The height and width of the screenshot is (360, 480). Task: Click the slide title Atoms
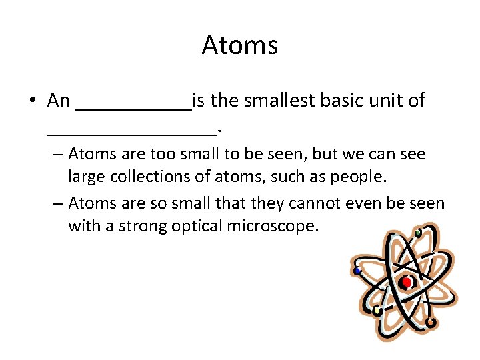click(x=239, y=45)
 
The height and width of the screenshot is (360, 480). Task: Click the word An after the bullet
click(x=59, y=101)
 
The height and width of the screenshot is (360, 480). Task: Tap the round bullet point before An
click(x=32, y=101)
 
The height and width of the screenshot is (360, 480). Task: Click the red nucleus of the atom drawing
click(x=407, y=282)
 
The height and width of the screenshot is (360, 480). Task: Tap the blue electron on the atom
click(x=358, y=271)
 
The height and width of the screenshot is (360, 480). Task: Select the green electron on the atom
click(x=417, y=233)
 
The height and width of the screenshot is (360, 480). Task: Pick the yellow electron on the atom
click(x=377, y=311)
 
